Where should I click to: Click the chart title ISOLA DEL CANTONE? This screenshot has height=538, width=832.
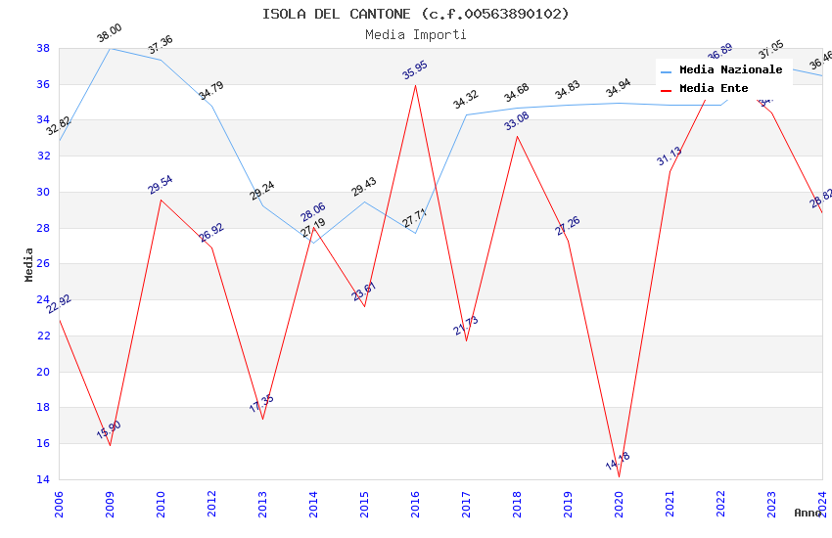pos(415,14)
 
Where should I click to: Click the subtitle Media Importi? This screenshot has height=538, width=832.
pos(415,34)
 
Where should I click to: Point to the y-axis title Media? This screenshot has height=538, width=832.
pos(29,264)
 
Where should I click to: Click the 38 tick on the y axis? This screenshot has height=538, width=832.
pos(43,48)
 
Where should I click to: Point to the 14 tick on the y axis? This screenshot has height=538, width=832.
pos(43,479)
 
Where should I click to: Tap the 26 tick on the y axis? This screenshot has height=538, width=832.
pos(43,264)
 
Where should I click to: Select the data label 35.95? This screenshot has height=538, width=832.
pos(415,70)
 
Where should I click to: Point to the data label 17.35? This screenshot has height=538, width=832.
pos(261,404)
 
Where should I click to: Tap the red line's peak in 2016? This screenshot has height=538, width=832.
pos(415,84)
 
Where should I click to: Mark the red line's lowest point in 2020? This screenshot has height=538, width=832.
pos(619,476)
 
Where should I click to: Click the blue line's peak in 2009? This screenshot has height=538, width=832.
pos(110,48)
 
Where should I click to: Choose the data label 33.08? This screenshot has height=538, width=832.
pos(517,121)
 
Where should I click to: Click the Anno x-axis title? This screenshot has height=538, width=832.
pos(809,513)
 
